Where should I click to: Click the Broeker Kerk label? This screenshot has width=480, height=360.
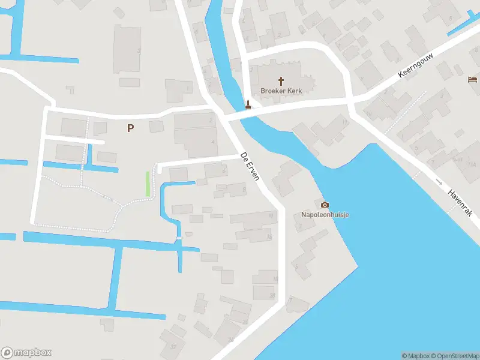[281, 91]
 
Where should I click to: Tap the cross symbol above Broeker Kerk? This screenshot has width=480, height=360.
[281, 80]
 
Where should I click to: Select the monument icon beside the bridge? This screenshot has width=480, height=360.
[248, 104]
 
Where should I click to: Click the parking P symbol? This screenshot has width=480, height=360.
[130, 127]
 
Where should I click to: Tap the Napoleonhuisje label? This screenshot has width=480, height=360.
[325, 214]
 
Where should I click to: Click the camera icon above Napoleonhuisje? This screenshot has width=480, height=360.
[325, 205]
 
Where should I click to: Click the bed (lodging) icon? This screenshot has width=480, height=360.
[473, 80]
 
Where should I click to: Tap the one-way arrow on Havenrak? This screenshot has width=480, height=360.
[439, 181]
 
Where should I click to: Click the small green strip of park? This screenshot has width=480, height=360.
[148, 184]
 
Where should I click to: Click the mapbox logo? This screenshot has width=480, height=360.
[26, 353]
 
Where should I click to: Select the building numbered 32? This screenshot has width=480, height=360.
[174, 346]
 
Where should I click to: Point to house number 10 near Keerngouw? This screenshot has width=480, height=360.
[368, 113]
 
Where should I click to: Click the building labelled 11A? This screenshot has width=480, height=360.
[472, 164]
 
